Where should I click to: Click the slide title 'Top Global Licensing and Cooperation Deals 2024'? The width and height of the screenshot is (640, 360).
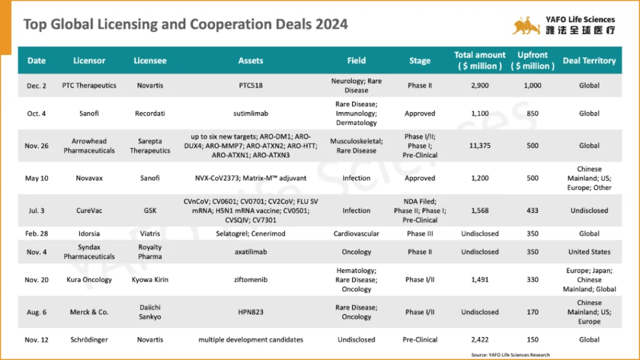(x=186, y=24)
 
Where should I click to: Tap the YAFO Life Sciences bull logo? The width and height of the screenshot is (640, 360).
(x=526, y=26)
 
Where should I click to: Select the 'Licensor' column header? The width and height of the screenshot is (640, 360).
(x=89, y=61)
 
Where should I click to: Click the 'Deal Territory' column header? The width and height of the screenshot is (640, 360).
(x=589, y=61)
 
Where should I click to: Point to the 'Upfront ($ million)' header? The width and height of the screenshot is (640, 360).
(x=532, y=61)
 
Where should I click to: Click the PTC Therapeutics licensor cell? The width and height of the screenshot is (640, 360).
(x=89, y=86)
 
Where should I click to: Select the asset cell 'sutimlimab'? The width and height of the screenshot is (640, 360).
(x=250, y=114)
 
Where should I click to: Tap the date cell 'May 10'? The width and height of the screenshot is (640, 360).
(x=36, y=178)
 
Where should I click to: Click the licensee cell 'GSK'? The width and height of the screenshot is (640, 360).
(x=149, y=211)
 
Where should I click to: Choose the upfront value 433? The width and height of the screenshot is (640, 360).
(x=532, y=211)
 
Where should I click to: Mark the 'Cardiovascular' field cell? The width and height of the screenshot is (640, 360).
(x=356, y=234)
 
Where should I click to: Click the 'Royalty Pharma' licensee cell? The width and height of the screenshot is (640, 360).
(x=149, y=252)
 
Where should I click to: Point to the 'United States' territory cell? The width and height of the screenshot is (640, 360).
(x=589, y=252)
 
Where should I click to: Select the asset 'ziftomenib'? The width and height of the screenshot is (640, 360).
(x=250, y=280)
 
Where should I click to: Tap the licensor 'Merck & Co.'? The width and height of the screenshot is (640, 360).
(x=89, y=312)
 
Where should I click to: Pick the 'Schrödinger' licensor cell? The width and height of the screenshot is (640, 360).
(x=89, y=340)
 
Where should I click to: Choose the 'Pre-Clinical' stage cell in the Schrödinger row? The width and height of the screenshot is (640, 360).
(x=419, y=340)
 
